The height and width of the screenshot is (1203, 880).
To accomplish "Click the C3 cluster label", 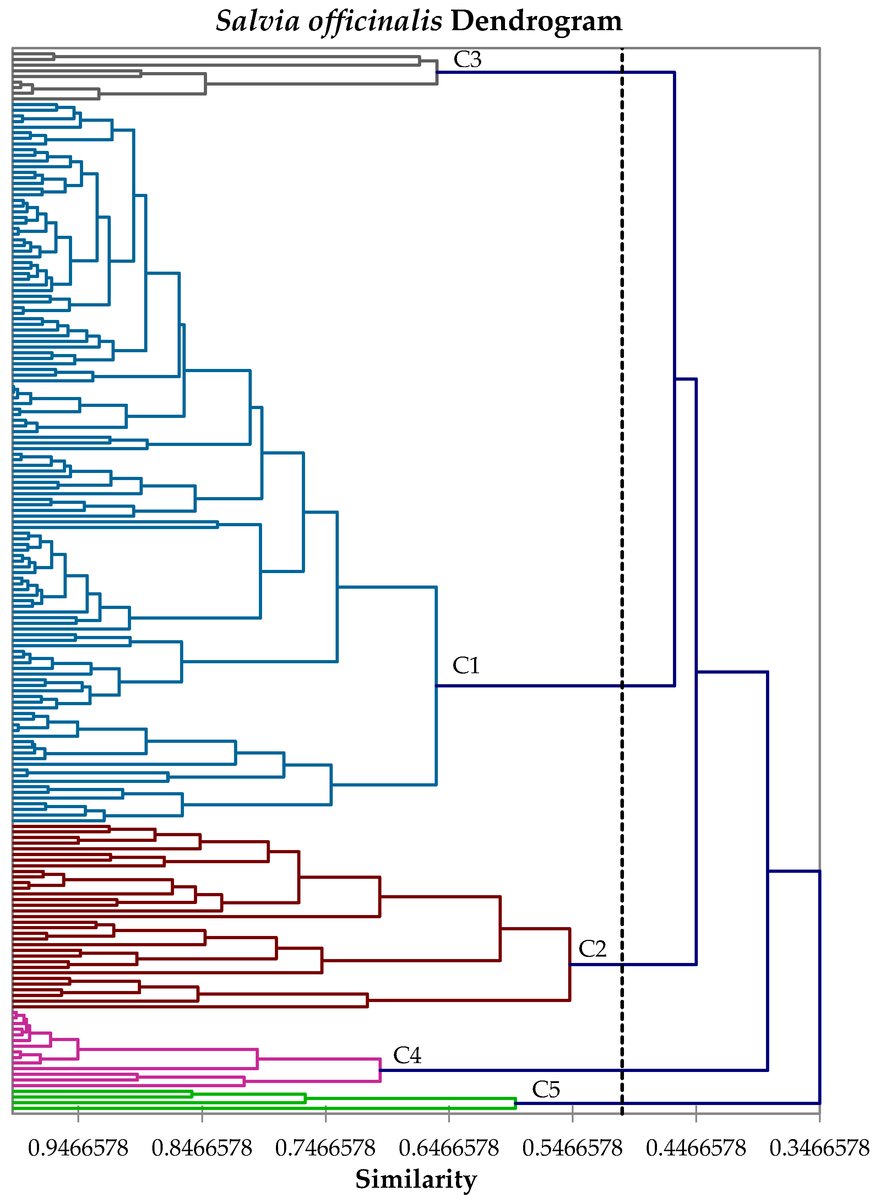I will [467, 60].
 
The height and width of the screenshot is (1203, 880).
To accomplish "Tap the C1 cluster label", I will [466, 666].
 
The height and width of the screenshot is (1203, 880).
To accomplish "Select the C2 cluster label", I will [592, 949].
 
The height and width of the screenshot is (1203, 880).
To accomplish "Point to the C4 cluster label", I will [407, 1056].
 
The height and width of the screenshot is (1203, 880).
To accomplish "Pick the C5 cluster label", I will [546, 1090].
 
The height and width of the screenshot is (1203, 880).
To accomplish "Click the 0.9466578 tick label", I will [78, 1148].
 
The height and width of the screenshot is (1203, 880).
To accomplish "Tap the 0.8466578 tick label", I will [201, 1148].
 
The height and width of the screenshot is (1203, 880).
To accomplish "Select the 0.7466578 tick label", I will [325, 1148].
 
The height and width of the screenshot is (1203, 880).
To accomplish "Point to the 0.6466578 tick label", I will [449, 1148].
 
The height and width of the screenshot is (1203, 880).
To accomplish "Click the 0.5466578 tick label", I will [572, 1148].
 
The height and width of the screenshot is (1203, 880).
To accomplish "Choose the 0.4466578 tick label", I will [696, 1148].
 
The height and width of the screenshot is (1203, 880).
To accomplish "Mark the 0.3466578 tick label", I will [819, 1148].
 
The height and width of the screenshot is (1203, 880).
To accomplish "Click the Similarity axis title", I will [416, 1179].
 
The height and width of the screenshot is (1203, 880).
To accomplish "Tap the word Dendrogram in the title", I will [536, 21].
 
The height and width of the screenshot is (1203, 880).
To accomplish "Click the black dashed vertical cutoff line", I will [622, 320].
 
